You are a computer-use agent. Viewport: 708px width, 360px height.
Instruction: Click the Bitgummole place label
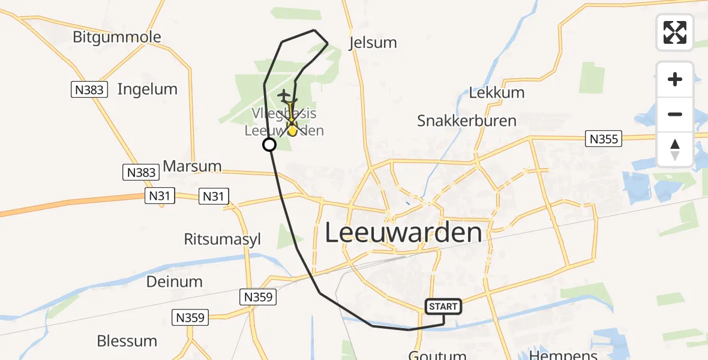point(117,37)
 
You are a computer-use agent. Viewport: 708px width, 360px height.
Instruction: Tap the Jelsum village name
point(373,43)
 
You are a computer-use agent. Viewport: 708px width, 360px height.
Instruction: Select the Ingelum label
point(148,89)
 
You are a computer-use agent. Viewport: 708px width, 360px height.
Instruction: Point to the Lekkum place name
point(497,92)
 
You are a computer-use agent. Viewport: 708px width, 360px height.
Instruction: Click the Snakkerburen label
point(467,121)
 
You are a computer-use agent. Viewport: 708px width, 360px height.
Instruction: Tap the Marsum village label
point(192,166)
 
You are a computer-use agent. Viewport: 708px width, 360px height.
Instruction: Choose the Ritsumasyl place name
point(223,239)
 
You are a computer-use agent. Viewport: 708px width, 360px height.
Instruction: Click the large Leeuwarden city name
point(404,232)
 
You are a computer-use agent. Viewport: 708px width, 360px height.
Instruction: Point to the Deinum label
point(175,281)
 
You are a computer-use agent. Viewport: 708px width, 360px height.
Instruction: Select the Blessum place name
point(127,341)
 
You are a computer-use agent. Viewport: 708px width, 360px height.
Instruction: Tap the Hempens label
point(560,355)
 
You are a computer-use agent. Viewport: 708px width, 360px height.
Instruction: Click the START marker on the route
point(443,307)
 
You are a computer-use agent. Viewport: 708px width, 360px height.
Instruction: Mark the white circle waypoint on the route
point(269,145)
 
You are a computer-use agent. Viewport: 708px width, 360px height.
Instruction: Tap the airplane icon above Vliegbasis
point(284,95)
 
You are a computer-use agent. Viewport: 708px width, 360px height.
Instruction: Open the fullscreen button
point(675,32)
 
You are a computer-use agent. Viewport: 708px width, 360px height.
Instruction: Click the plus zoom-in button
point(675,79)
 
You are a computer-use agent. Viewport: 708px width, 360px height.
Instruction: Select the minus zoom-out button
point(675,114)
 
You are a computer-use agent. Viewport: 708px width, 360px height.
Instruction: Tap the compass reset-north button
point(675,149)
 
